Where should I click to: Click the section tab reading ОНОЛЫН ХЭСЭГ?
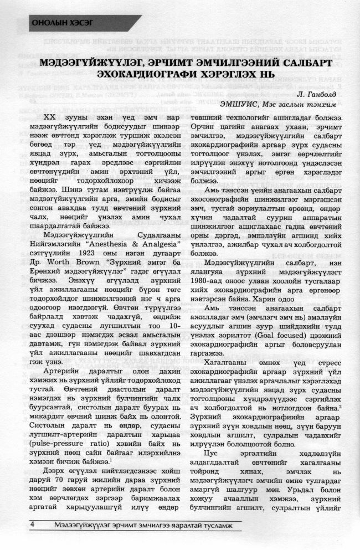[x=61, y=23]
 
